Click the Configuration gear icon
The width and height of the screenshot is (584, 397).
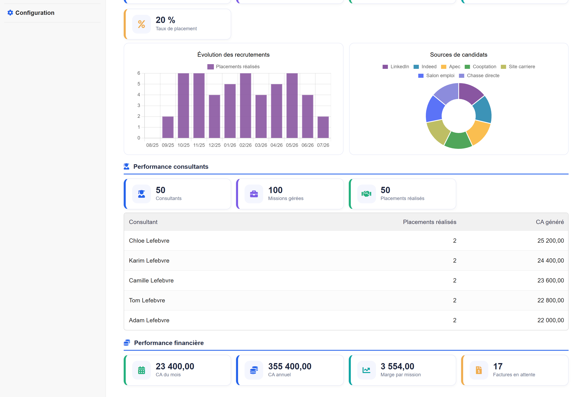point(10,13)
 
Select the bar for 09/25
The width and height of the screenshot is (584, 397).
point(168,127)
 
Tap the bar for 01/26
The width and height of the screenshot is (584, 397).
point(230,111)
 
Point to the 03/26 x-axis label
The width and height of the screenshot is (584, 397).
point(261,145)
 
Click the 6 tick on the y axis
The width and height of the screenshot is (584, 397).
point(139,73)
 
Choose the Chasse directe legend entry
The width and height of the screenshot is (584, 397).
point(479,76)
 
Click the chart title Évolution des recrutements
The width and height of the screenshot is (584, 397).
point(233,55)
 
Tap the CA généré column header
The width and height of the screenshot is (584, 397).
point(550,222)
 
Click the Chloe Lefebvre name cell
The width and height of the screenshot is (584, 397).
point(149,240)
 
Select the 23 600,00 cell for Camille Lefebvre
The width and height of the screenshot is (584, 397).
point(551,280)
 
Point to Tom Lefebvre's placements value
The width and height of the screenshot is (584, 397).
point(455,300)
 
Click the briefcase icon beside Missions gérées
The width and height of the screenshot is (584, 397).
point(254,194)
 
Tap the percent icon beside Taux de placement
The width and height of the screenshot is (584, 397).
point(142,24)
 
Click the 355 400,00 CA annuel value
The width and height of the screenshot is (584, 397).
point(290,366)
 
